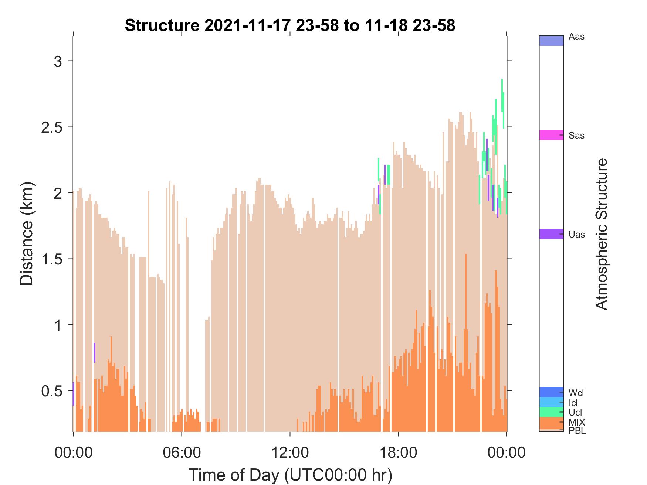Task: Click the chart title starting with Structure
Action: tap(290, 25)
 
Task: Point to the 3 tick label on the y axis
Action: tap(58, 61)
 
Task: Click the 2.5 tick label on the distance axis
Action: tap(52, 127)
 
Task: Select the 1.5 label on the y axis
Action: tap(52, 259)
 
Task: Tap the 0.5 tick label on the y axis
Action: tap(52, 391)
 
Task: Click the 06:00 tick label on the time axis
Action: tap(182, 452)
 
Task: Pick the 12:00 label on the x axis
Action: tap(290, 452)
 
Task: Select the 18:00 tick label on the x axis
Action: tap(398, 452)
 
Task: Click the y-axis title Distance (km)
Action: tap(27, 233)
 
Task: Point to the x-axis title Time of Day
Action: tap(290, 475)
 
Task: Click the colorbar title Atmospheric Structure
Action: tap(602, 234)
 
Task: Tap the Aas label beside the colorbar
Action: tap(577, 37)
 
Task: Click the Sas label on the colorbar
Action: tap(577, 136)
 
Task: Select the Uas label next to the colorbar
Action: tap(577, 235)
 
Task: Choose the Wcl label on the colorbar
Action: tap(576, 393)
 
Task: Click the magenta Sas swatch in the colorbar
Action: tap(551, 135)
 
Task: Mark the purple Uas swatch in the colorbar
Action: tap(551, 234)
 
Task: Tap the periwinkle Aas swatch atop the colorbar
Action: tap(551, 41)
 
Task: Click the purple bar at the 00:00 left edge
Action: tap(73, 394)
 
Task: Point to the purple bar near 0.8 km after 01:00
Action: tap(95, 353)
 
